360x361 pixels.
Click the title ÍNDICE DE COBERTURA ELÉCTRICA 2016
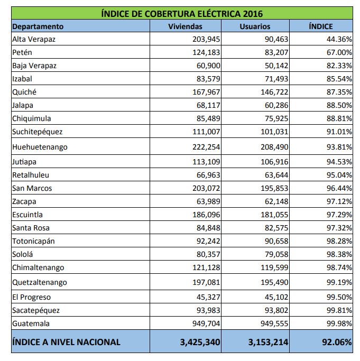pyautogui.click(x=182, y=14)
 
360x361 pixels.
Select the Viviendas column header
pyautogui.click(x=185, y=26)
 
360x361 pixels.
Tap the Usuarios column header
pyautogui.click(x=254, y=26)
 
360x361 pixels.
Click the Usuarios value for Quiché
pyautogui.click(x=273, y=92)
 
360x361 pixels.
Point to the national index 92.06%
pyautogui.click(x=337, y=342)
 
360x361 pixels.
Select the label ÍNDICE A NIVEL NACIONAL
pyautogui.click(x=67, y=342)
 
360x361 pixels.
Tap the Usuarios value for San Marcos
pyautogui.click(x=273, y=188)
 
